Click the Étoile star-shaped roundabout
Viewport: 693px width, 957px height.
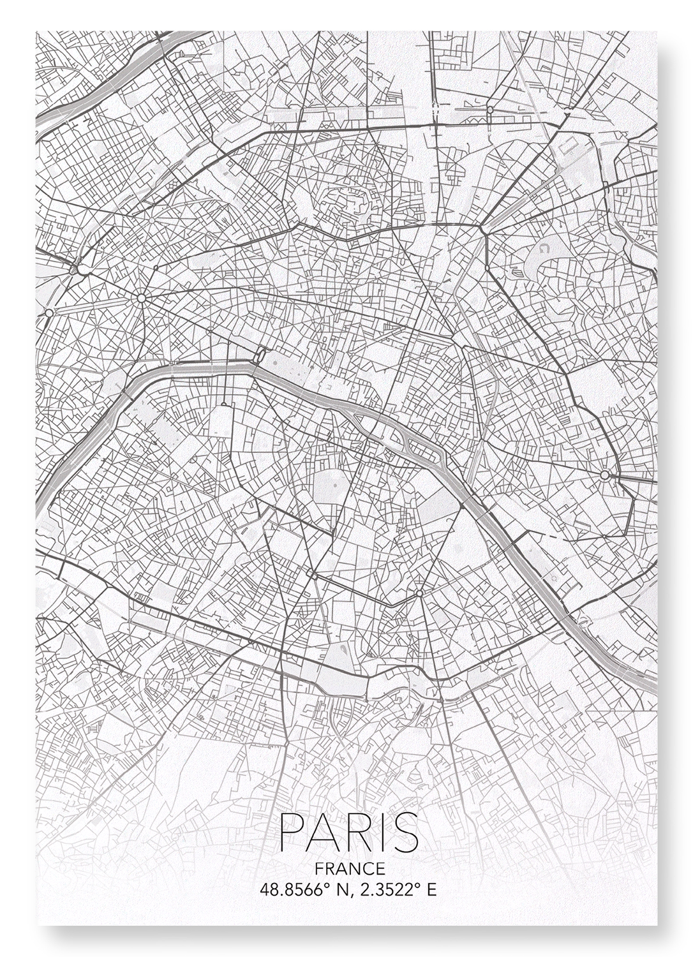coord(140,297)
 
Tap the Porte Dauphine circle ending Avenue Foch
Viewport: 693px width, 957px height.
coord(49,312)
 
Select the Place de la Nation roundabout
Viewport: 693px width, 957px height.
coord(604,475)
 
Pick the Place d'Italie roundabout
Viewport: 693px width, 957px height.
coord(419,593)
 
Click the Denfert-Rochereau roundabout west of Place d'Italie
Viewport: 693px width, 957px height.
coord(314,576)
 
